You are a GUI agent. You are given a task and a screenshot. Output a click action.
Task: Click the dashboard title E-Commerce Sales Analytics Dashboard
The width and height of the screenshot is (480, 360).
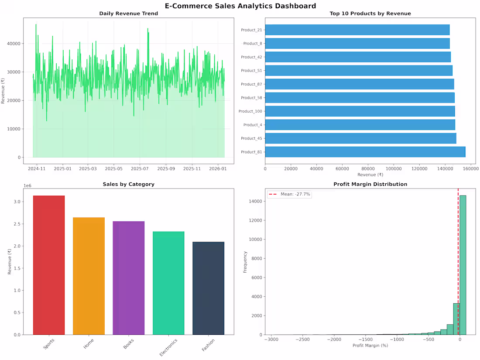240,6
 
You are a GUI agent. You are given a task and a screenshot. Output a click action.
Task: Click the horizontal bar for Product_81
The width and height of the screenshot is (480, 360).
365,152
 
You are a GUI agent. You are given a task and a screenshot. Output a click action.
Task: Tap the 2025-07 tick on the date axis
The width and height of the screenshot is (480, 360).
140,168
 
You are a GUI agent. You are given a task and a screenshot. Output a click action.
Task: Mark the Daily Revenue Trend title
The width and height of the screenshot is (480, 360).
128,14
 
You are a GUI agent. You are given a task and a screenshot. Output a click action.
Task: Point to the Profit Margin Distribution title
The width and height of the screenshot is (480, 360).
370,184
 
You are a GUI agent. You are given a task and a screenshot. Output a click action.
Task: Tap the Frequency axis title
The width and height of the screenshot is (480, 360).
245,262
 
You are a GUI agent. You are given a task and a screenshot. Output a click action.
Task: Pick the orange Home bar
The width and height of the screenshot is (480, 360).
89,276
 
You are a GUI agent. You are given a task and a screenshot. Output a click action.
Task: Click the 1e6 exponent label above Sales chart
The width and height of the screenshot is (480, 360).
27,186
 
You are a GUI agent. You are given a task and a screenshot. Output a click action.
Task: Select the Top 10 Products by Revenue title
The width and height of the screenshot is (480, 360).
370,14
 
